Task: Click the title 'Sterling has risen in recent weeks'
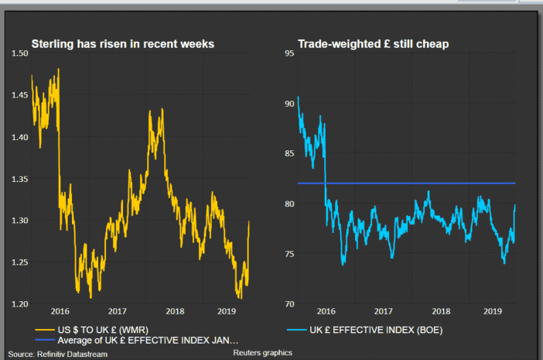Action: coord(122,44)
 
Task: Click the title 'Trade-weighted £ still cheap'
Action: coord(374,44)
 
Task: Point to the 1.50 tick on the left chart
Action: coord(19,53)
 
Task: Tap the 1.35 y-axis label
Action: coord(19,179)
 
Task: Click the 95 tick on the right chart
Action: coord(289,53)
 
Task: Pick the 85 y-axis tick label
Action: coord(289,153)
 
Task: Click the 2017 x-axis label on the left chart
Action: coord(117,311)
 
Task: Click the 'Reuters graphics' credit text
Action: coord(262,353)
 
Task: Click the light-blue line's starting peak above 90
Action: coord(299,97)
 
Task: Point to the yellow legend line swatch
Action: coord(44,330)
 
